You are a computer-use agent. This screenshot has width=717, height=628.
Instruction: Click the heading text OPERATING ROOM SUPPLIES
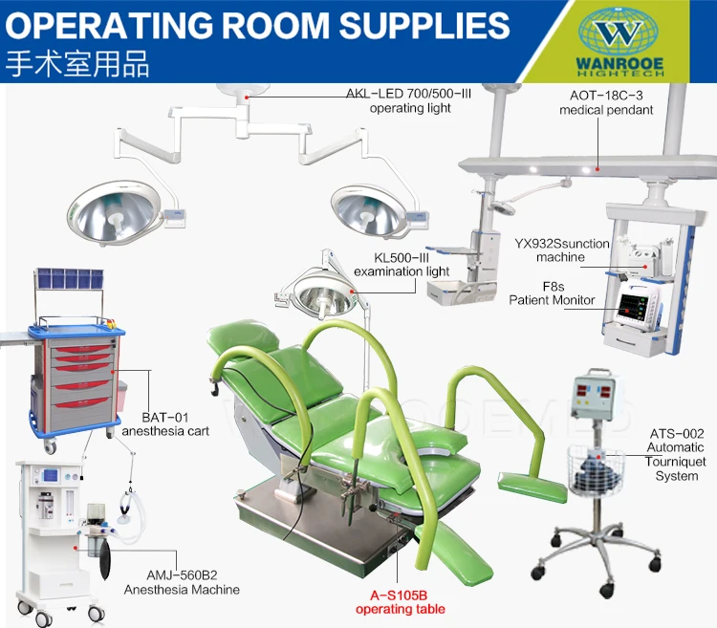point(258,25)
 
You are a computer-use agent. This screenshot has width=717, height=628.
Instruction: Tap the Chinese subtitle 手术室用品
point(77,64)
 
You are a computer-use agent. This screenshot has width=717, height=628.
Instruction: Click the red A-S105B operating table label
point(408,600)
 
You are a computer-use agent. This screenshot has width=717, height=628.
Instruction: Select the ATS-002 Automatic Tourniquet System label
point(676,454)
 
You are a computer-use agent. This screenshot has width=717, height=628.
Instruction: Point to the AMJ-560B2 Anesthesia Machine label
point(182,583)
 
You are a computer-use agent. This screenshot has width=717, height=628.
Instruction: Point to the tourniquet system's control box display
point(589,401)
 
